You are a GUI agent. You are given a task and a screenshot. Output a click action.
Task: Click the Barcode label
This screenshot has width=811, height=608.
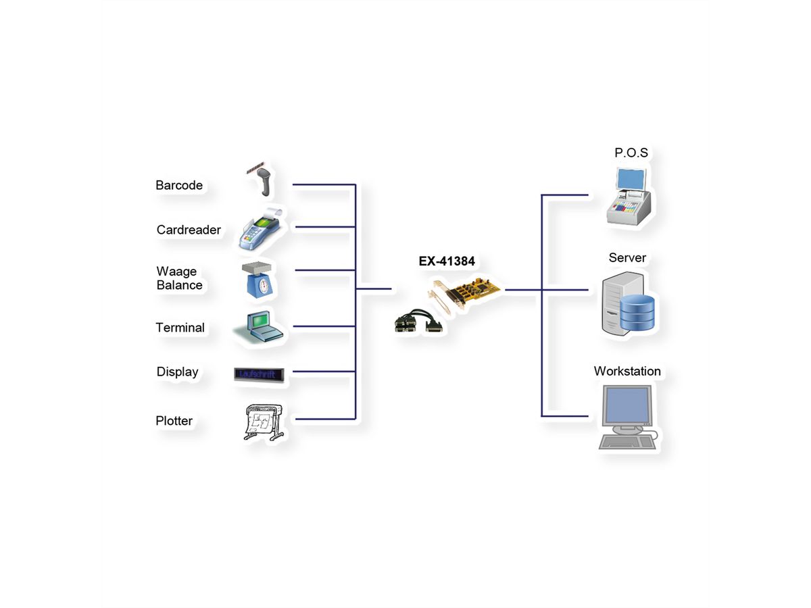point(179,185)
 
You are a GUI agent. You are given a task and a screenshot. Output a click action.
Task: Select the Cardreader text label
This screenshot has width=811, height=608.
point(189,230)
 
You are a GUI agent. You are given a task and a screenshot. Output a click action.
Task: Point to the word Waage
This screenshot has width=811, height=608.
point(176,271)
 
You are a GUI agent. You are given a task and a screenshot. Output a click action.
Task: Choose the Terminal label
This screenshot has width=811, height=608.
point(180,328)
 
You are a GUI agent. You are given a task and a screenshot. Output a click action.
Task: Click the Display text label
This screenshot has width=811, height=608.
point(177,372)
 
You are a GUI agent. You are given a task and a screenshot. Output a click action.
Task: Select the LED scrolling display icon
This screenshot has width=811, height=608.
point(259,374)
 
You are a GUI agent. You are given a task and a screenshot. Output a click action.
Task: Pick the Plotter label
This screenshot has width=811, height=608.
point(174,421)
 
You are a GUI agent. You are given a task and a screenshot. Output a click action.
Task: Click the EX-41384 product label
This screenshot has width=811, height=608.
point(447,261)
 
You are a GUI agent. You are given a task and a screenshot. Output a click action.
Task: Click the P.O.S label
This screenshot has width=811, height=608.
point(631,153)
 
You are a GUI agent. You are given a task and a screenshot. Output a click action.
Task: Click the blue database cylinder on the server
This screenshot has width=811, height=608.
point(637,312)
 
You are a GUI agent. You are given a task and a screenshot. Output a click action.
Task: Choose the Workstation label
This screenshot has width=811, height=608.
point(627,371)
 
